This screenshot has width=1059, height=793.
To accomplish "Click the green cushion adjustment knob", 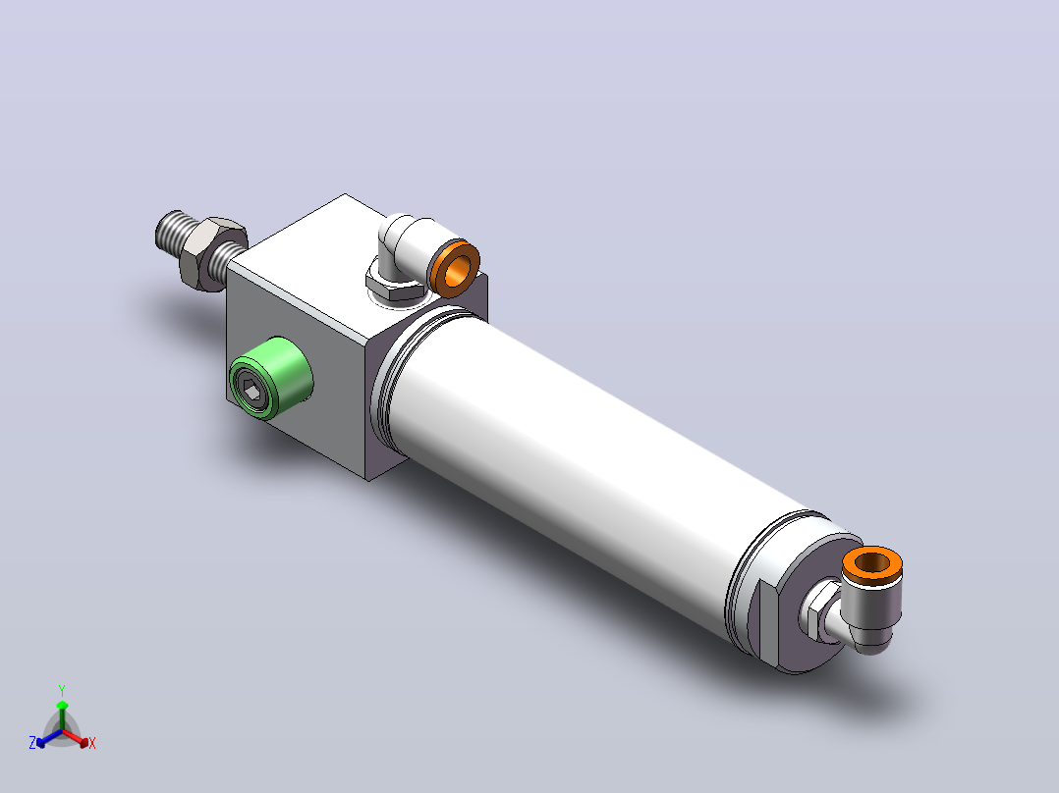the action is coord(271,379).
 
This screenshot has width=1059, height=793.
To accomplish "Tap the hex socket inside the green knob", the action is coord(252,390).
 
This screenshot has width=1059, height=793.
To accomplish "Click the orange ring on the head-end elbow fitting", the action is coord(455,268).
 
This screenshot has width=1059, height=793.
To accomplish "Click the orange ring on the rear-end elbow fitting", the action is coord(872,563).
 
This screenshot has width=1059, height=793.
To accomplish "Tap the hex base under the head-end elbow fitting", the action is coord(395,287).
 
